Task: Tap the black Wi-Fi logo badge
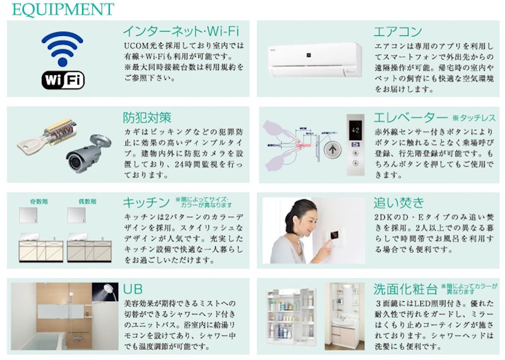(63, 80)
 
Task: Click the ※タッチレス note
(474, 118)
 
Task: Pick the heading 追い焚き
(399, 203)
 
